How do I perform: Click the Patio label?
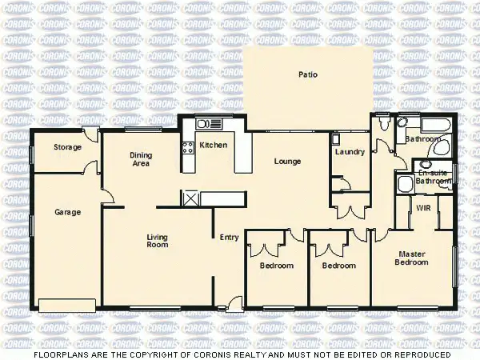tap(308, 74)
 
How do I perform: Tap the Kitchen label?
tap(214, 145)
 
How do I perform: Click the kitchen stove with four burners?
tap(189, 147)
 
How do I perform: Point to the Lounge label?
tap(287, 162)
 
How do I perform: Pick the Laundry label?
tap(350, 152)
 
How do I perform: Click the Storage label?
tap(67, 148)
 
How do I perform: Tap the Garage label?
tap(66, 213)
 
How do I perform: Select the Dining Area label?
tap(141, 160)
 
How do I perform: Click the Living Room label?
tap(157, 240)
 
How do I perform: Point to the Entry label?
tap(230, 237)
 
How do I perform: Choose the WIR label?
tap(423, 208)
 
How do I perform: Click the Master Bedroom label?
tap(413, 258)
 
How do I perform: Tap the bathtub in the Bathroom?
tap(436, 126)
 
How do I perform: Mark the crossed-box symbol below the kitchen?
tap(191, 198)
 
